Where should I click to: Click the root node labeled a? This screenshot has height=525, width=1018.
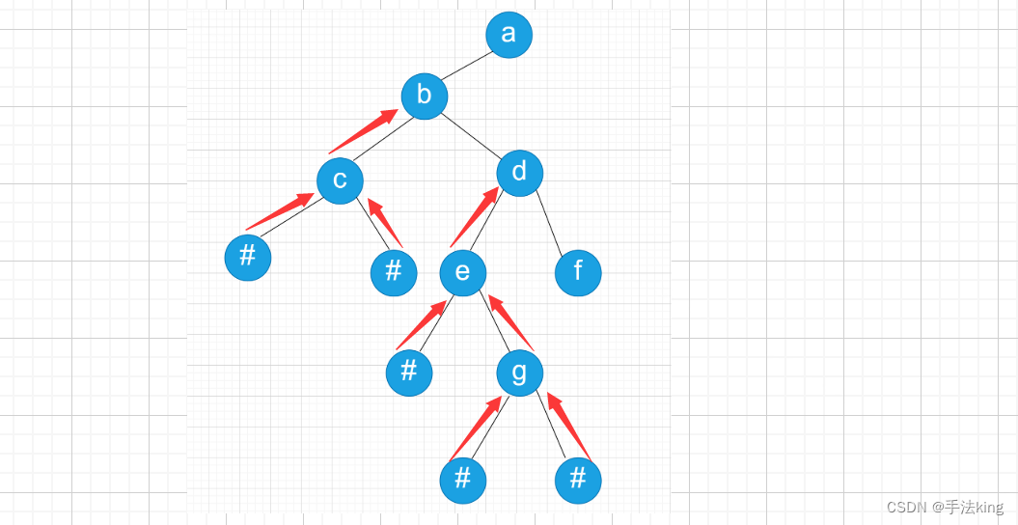tap(509, 35)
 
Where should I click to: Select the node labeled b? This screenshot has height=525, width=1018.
tap(425, 96)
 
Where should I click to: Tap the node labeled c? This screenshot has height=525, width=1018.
tap(340, 180)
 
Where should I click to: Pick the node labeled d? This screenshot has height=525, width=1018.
tap(520, 173)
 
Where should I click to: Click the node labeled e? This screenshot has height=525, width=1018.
tap(462, 273)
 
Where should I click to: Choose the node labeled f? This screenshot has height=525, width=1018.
tap(578, 272)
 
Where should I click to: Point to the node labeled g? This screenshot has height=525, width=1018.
tap(520, 373)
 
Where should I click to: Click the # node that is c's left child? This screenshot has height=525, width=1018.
tap(248, 258)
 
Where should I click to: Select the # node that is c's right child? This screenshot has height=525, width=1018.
tap(394, 272)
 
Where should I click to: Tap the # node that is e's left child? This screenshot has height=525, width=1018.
tap(409, 373)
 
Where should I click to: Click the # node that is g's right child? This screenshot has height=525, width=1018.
tap(578, 480)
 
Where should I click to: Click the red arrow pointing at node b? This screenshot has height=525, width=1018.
tap(364, 132)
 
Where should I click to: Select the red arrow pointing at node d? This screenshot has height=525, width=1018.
tap(474, 217)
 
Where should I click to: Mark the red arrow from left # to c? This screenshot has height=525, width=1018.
tap(280, 211)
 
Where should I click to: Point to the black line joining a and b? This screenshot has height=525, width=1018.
tap(467, 65)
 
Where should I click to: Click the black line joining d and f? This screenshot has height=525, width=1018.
tap(549, 223)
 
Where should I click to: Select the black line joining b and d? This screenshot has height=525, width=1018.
tap(473, 134)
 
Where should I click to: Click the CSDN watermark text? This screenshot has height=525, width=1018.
tap(945, 508)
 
